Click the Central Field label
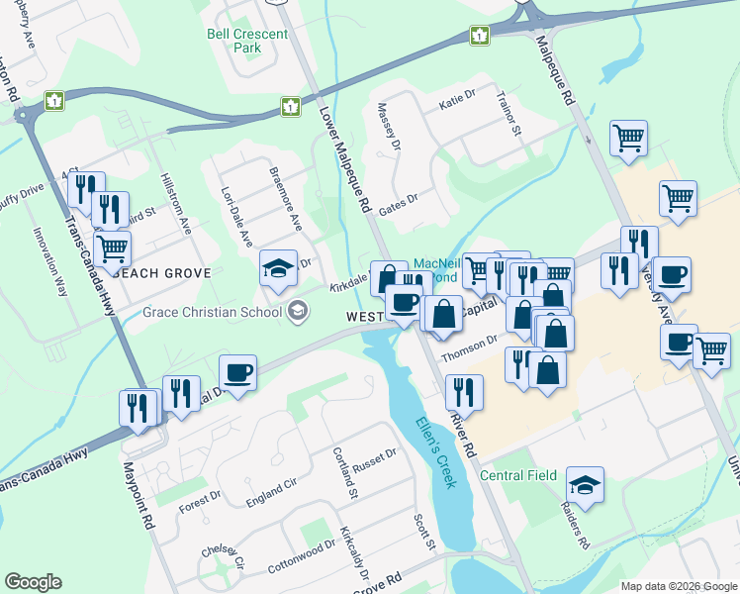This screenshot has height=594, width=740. click(x=517, y=476)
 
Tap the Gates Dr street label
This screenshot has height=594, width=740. click(x=399, y=198)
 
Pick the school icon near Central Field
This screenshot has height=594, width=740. click(x=586, y=484)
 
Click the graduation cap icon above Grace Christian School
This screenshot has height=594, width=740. click(x=279, y=266)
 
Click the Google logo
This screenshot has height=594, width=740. click(x=33, y=582)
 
